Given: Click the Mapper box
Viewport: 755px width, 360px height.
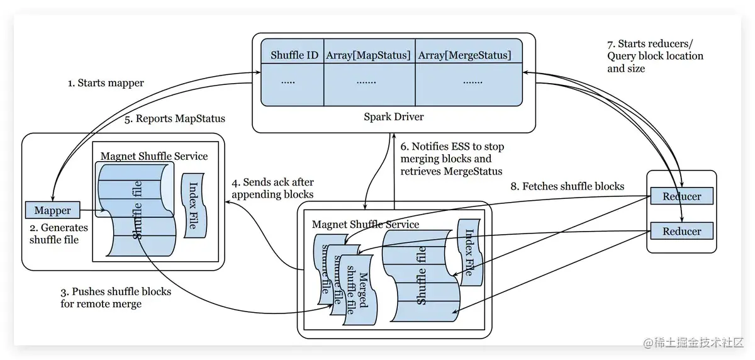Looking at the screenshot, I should [53, 210].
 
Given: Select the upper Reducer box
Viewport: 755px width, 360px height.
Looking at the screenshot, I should [682, 196].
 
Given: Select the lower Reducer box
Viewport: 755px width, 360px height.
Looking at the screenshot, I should [682, 231].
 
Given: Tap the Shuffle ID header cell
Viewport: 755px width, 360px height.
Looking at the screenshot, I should [294, 55].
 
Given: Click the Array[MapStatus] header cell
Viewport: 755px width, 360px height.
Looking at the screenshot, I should [368, 55].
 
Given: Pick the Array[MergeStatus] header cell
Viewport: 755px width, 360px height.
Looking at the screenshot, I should [464, 55].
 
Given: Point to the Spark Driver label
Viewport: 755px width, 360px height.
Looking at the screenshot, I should [394, 116].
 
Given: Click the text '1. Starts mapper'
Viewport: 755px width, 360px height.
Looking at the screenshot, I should [106, 83].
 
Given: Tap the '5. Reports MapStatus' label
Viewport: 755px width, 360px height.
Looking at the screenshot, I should [174, 118].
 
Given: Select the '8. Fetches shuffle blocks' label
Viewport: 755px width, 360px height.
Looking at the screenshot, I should [567, 186].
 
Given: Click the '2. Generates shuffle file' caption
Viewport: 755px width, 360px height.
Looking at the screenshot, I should [59, 233].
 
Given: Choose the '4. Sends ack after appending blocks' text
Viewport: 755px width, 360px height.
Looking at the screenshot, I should [272, 188].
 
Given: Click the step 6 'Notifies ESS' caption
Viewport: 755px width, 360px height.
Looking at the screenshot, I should [451, 159].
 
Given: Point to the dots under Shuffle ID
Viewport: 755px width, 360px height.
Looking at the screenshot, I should [288, 82].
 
